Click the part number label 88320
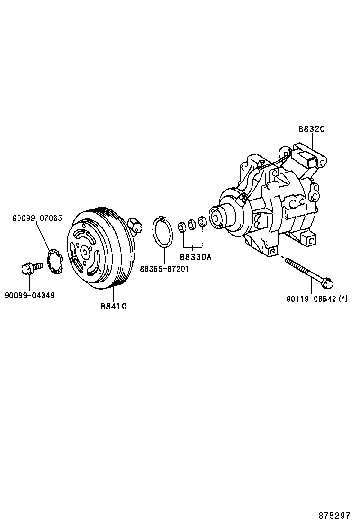coord(312,129)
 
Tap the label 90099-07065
coord(37,218)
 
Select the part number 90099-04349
coord(29,295)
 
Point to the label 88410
coord(113,306)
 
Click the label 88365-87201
coord(164,269)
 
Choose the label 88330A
coord(195,257)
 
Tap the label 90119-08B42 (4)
coord(317,299)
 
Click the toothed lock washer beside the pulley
coord(56,260)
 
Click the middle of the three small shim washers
coord(192,224)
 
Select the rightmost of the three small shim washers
coord(202,221)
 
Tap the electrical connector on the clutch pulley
coord(136,225)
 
